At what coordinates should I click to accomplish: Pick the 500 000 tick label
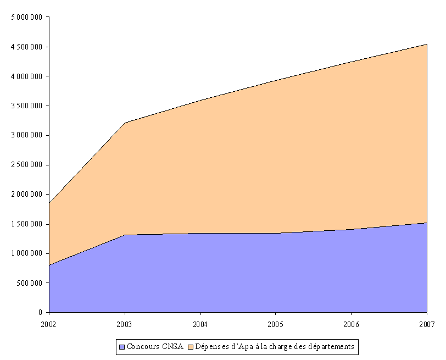pos(31,283)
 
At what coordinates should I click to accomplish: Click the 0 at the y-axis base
pos(41,313)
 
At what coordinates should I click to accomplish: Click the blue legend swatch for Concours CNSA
pos(122,347)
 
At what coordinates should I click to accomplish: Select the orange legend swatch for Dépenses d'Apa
pos(191,347)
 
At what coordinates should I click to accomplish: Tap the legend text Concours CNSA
pos(154,347)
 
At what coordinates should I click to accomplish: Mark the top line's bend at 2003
pos(125,123)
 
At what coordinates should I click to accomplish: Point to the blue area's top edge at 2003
pos(125,235)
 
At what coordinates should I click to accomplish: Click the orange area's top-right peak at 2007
pos(427,44)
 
